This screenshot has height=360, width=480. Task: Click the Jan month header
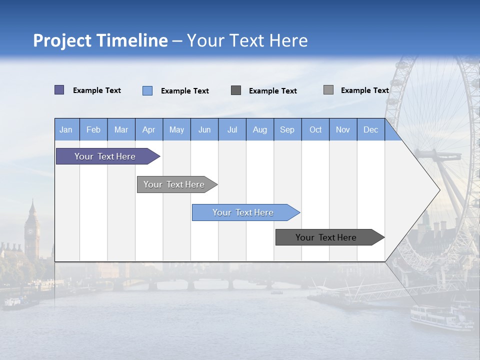pos(66,130)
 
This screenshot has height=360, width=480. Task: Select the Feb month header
pos(93,130)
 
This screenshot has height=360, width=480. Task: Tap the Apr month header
pos(149,130)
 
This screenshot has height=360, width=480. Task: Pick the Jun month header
pos(204,130)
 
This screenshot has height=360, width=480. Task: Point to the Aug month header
pos(260,130)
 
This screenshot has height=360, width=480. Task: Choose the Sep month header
pos(287,130)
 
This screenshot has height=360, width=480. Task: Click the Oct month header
pos(315,130)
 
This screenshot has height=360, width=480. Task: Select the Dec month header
pos(371,130)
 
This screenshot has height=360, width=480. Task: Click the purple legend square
pos(59,90)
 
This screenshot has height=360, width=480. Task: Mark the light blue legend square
pos(147,90)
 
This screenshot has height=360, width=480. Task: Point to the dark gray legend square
pos(236,90)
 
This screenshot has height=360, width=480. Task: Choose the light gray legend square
pos(328,90)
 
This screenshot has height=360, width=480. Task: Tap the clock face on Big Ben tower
pos(31,231)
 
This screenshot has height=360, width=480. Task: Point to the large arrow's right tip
pos(438,190)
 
